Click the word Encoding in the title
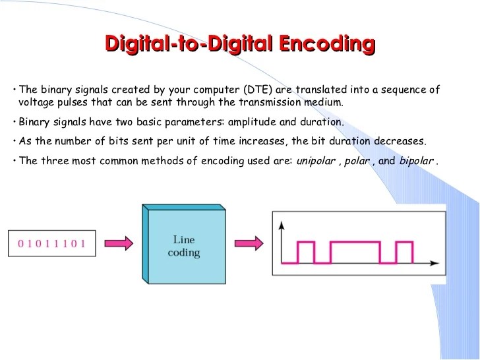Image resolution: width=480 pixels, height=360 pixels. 326,45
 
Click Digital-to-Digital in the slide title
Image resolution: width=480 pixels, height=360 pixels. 189,45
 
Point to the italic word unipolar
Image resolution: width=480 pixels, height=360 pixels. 316,161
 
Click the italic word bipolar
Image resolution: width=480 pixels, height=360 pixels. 417,161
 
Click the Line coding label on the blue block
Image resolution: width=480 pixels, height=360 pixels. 183,247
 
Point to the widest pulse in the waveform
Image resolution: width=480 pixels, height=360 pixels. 355,252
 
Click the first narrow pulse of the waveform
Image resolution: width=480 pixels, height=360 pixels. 306,252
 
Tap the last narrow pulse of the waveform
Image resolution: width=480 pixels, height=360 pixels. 404,252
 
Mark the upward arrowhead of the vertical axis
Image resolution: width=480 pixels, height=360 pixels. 282,225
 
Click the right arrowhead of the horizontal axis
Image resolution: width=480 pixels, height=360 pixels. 436,263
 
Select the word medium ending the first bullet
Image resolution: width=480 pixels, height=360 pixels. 323,103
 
